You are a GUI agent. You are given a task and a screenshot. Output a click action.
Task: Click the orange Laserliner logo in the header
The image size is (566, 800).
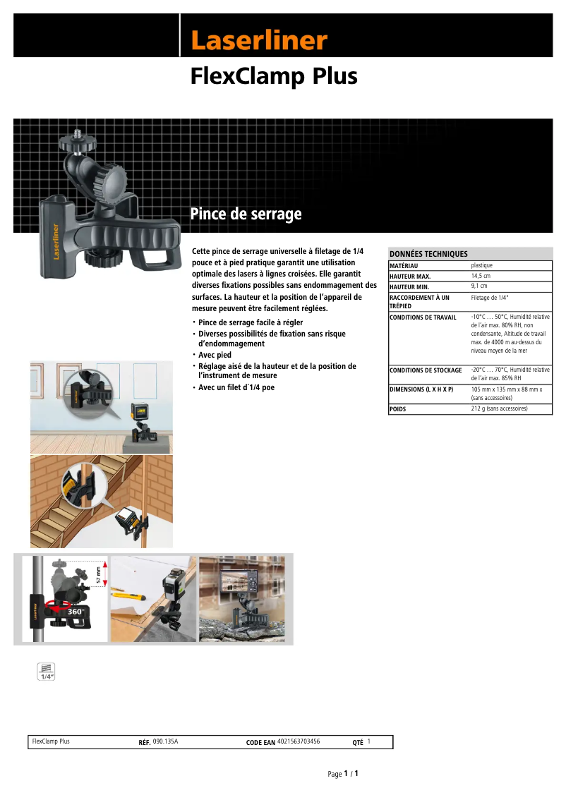tap(259, 41)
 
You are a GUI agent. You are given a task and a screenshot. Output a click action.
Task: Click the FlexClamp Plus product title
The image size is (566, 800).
tap(274, 77)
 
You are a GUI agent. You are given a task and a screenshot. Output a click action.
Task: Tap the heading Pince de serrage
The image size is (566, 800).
tap(246, 214)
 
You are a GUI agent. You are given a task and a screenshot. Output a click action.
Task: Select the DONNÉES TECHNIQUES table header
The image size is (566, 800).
tap(429, 254)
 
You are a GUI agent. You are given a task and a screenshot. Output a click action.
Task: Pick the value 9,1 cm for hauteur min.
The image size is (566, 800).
tap(479, 286)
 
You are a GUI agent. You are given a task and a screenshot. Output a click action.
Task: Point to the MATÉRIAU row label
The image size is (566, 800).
tap(404, 265)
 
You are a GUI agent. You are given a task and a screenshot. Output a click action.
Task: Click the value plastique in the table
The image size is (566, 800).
tap(482, 265)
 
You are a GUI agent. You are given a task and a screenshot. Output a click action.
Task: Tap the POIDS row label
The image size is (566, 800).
tap(398, 409)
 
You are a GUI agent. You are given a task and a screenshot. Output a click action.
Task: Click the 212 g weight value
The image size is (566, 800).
tap(499, 408)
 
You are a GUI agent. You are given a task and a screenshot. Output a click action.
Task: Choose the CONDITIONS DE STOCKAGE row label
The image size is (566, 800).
tap(426, 370)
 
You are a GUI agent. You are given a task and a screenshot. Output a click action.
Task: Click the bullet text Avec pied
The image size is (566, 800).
tap(215, 355)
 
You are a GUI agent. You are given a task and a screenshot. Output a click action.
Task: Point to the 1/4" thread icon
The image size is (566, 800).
tap(47, 671)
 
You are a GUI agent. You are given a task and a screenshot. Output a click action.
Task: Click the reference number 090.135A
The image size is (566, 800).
tap(165, 741)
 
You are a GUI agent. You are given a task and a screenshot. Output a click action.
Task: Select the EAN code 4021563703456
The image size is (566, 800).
tap(299, 741)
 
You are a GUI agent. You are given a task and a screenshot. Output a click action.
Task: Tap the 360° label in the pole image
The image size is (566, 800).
tap(75, 612)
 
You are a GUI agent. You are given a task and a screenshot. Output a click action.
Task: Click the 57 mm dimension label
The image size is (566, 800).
tap(99, 574)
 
